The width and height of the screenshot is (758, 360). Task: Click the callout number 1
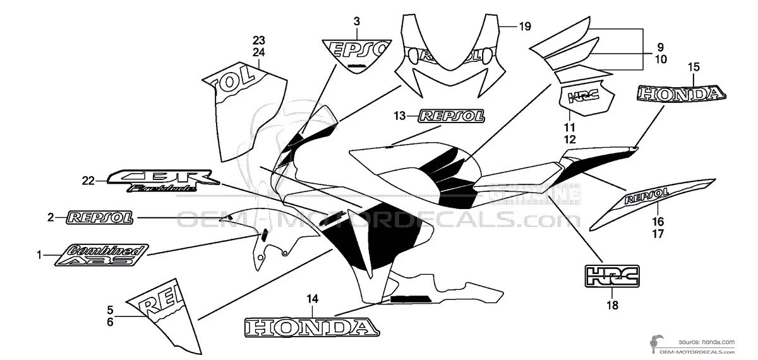coord(39,255)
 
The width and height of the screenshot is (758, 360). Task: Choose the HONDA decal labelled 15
coord(680,95)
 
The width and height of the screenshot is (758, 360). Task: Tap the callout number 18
coord(612,306)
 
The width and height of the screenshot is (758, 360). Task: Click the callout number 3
coord(357,21)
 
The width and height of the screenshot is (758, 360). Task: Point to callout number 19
coord(525,27)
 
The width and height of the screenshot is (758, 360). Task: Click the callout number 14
coord(312,298)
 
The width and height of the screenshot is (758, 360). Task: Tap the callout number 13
coord(399,116)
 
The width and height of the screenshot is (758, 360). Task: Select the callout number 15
coord(694,66)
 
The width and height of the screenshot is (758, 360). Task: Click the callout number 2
coord(51,218)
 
